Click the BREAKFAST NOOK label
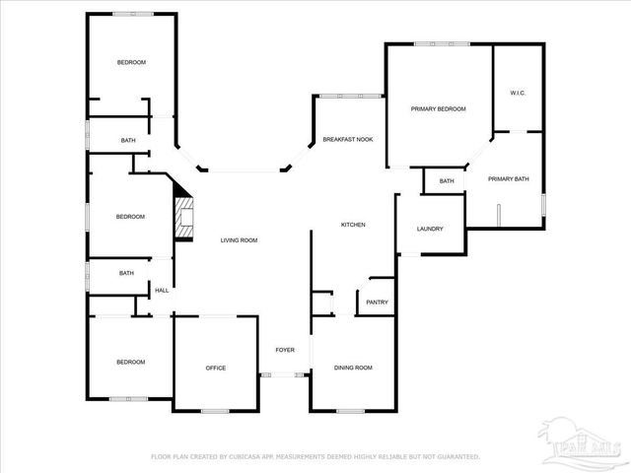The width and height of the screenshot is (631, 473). point(347,140)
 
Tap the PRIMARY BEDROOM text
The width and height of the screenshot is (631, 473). point(438,109)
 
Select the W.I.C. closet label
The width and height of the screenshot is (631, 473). point(518,93)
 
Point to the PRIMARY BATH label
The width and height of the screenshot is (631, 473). point(509,179)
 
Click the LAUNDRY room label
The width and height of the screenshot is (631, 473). point(430,229)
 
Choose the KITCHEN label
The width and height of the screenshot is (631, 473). point(353,225)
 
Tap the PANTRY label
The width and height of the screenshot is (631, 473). point(377,303)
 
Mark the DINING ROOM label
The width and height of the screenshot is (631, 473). point(353,368)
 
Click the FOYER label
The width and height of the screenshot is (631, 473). point(284,350)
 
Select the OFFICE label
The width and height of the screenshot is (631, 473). point(215,369)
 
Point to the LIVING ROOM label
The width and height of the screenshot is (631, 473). point(239,240)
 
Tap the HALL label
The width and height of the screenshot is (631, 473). point(162,291)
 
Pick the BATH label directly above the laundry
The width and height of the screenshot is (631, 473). point(447,181)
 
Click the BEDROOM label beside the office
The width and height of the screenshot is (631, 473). point(130,363)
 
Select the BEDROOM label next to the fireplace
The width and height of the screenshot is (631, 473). point(130,217)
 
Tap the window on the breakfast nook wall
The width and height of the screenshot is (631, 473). point(349,96)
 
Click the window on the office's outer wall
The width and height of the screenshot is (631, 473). point(215,410)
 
